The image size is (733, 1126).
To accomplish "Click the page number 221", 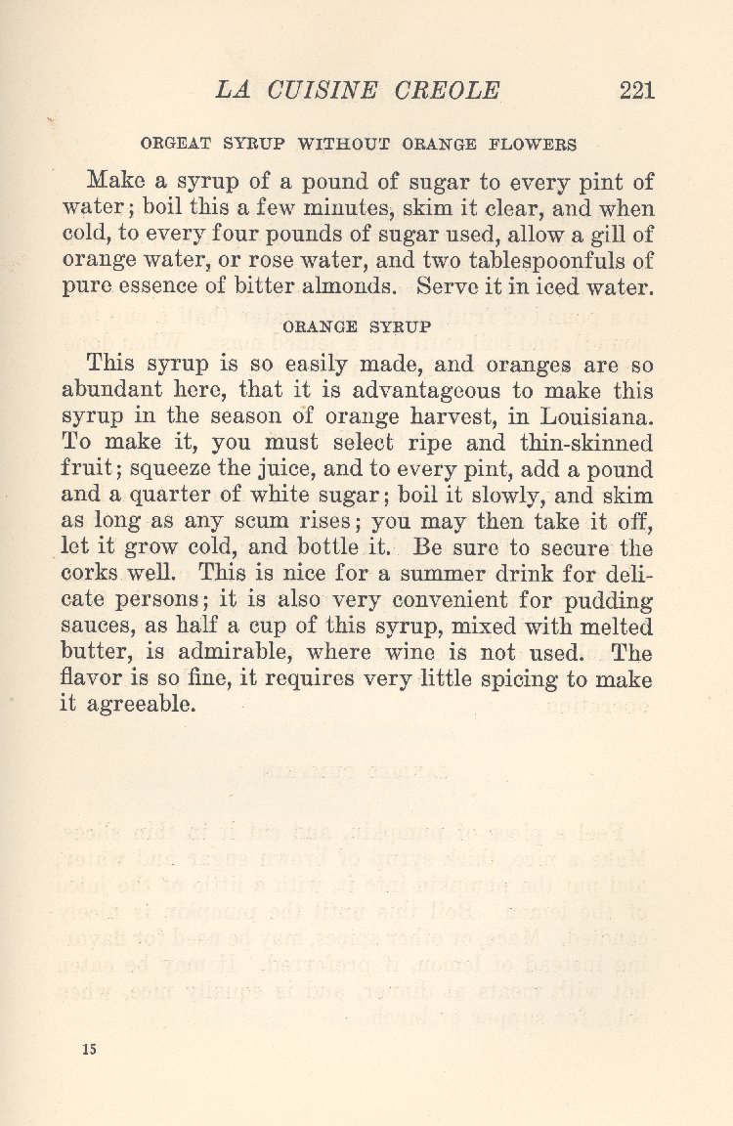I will (636, 90).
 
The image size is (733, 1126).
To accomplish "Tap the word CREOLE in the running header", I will (448, 90).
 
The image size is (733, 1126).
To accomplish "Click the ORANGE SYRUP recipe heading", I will (356, 326).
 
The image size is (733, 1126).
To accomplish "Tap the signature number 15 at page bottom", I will (90, 1049).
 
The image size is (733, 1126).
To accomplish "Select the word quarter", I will (172, 496).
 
